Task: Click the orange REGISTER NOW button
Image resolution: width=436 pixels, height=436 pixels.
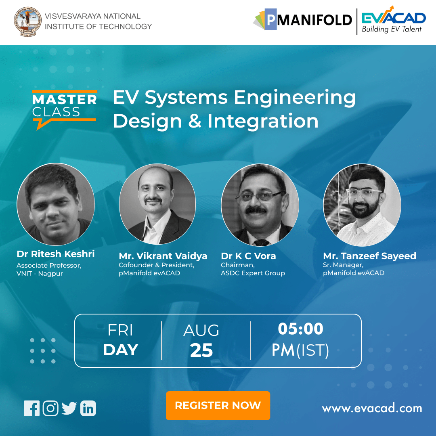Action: pos(218,405)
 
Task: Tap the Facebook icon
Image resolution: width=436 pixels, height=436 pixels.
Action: pos(31,408)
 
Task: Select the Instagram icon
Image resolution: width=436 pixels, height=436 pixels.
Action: pos(50,408)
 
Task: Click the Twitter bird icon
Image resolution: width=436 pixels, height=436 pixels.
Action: pos(69,408)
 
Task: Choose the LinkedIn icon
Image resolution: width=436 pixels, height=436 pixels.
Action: pos(88,408)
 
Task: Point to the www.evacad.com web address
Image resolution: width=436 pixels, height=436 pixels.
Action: pos(371,408)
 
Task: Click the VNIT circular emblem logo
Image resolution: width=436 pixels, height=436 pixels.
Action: pos(27,22)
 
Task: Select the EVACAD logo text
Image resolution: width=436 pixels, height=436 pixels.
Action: pos(393,18)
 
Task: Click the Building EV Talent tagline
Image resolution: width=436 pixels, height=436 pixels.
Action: pos(391,29)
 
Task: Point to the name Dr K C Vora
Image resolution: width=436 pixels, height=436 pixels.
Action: pos(248,256)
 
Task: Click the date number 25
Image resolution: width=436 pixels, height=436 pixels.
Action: pos(201,351)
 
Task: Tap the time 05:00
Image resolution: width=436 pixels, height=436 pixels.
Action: pos(300,329)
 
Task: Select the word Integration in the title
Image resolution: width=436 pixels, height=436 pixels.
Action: pos(263,121)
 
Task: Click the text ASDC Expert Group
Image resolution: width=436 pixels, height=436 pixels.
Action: pos(253,273)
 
